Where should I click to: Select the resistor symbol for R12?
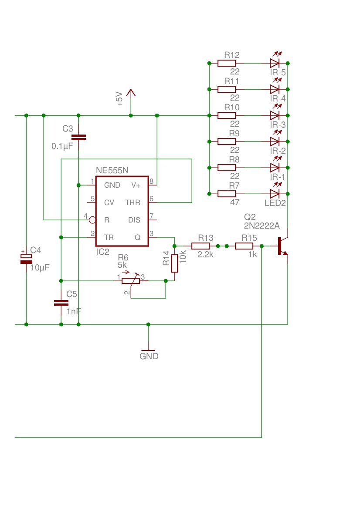pyautogui.click(x=227, y=63)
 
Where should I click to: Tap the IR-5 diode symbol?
pyautogui.click(x=275, y=63)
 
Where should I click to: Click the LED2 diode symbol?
pyautogui.click(x=275, y=194)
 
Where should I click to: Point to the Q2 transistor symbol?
pyautogui.click(x=282, y=246)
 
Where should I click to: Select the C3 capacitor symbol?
pyautogui.click(x=78, y=137)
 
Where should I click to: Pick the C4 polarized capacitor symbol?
pyautogui.click(x=26, y=259)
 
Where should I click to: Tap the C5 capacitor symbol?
pyautogui.click(x=61, y=303)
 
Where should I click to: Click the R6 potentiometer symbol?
pyautogui.click(x=131, y=280)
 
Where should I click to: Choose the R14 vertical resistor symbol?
pyautogui.click(x=174, y=263)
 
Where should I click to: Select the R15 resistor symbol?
pyautogui.click(x=244, y=246)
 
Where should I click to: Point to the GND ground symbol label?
pyautogui.click(x=149, y=356)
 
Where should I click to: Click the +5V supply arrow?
pyautogui.click(x=131, y=93)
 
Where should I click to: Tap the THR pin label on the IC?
pyautogui.click(x=132, y=202)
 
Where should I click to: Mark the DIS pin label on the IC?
pyautogui.click(x=134, y=220)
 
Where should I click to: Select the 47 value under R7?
pyautogui.click(x=235, y=202)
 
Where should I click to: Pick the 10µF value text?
pyautogui.click(x=40, y=268)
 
